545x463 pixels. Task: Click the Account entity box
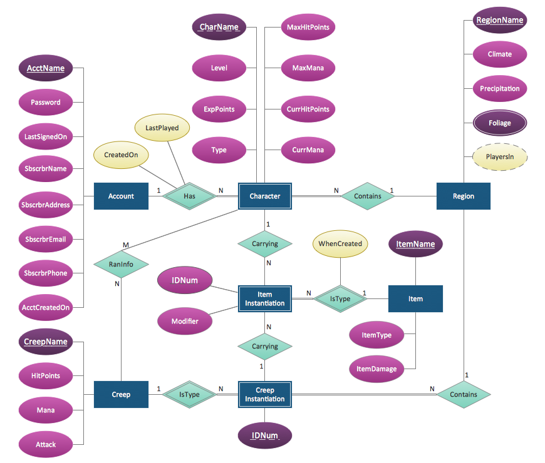point(121,196)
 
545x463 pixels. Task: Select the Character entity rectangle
point(265,196)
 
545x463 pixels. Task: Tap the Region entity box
point(463,196)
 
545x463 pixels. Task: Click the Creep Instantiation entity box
point(265,395)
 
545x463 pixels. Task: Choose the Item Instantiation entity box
point(265,299)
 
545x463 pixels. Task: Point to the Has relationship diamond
point(189,196)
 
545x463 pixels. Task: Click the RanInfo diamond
point(121,264)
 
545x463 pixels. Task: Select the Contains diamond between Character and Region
point(367,196)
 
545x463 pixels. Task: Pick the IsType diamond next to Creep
point(189,395)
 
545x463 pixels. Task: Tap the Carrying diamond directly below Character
point(265,244)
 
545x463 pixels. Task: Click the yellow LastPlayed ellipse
point(162,128)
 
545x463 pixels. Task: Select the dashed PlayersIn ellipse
point(500,157)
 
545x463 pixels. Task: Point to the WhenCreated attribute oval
point(340,243)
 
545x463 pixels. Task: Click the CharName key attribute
point(219,27)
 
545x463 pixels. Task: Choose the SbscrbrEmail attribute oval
point(46,239)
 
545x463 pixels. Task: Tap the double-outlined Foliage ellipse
point(500,123)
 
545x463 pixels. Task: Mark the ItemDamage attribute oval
point(376,369)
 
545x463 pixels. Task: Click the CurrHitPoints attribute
point(307,109)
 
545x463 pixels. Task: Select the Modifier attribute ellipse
point(185,321)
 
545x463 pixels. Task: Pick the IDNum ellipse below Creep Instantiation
point(265,435)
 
